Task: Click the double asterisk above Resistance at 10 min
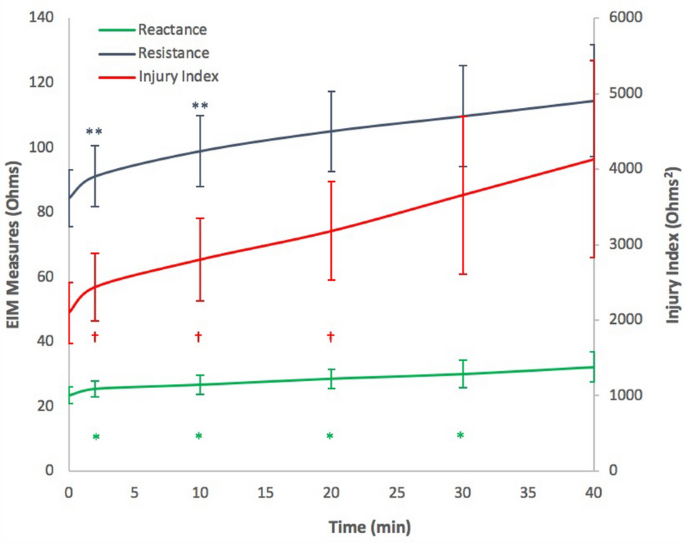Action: (x=200, y=107)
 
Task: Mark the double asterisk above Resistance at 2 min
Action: (x=94, y=132)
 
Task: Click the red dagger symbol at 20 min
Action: (x=330, y=337)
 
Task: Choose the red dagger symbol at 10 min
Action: (x=200, y=337)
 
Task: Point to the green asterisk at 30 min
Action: (x=461, y=435)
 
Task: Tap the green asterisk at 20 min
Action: (x=330, y=436)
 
